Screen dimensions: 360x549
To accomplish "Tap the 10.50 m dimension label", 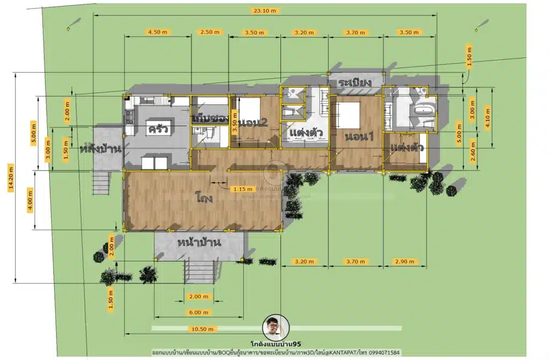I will pos(201,328).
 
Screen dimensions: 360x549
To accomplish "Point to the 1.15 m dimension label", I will pos(241,189).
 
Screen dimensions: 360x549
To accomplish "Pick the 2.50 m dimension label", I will pos(209,32).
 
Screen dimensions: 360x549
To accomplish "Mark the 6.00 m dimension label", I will pos(198,312).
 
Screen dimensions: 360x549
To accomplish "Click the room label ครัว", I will pos(159,129).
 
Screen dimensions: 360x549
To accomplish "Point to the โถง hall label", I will pos(204,199).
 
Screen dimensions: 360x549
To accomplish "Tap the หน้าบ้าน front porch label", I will pos(199,242).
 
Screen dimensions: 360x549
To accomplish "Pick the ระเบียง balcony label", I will pos(355,82).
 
